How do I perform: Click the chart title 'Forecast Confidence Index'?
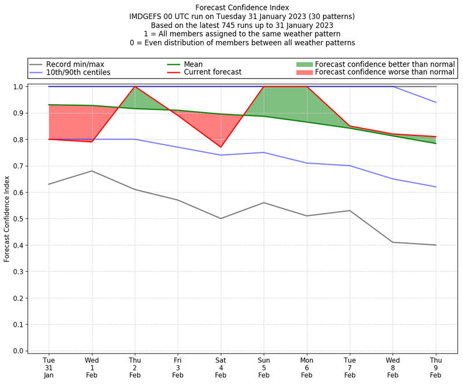(x=242, y=8)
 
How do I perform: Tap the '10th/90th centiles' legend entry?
(x=78, y=73)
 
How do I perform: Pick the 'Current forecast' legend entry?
(x=212, y=73)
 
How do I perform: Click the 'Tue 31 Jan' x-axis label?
(x=49, y=368)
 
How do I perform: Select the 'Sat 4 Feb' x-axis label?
(x=221, y=368)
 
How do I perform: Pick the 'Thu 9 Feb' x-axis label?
(x=435, y=368)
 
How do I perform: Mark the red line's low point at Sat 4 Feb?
(x=221, y=147)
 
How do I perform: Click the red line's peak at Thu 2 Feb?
(x=135, y=87)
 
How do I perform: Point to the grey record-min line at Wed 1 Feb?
(x=92, y=171)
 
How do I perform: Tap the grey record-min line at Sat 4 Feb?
(x=221, y=219)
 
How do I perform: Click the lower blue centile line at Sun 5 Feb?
(x=263, y=153)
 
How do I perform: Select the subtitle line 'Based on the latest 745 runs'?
(x=242, y=25)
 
